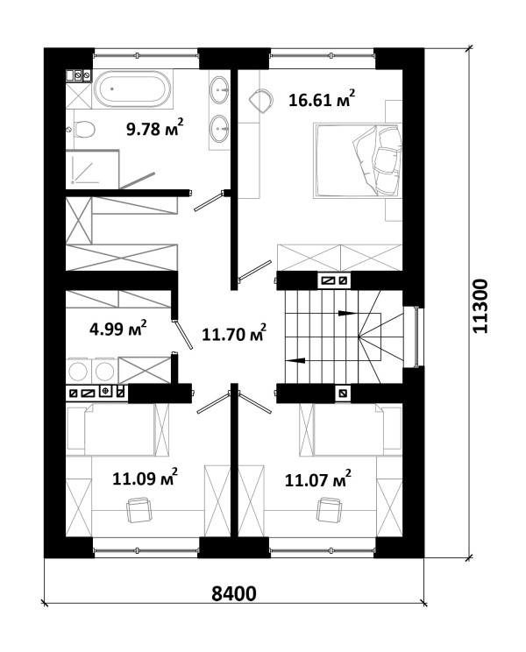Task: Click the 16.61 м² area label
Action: pyautogui.click(x=322, y=98)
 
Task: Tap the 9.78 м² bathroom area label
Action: pyautogui.click(x=154, y=128)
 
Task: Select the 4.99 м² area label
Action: pyautogui.click(x=118, y=328)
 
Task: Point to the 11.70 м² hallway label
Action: pyautogui.click(x=234, y=333)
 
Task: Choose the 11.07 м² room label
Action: pyautogui.click(x=317, y=479)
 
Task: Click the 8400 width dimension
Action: pyautogui.click(x=234, y=594)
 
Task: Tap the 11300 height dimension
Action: pyautogui.click(x=480, y=306)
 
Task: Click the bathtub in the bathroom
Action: pyautogui.click(x=132, y=89)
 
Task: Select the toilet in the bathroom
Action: pyautogui.click(x=84, y=130)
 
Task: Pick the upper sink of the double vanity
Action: pyautogui.click(x=218, y=89)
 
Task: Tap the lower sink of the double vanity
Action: pyautogui.click(x=218, y=128)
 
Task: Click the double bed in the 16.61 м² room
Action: pyautogui.click(x=358, y=159)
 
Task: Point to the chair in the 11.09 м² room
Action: pyautogui.click(x=139, y=510)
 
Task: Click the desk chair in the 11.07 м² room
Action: pyautogui.click(x=330, y=509)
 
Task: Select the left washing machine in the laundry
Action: pyautogui.click(x=78, y=371)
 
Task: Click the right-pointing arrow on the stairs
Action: pyautogui.click(x=347, y=313)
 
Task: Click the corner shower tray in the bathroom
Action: pyautogui.click(x=92, y=169)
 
